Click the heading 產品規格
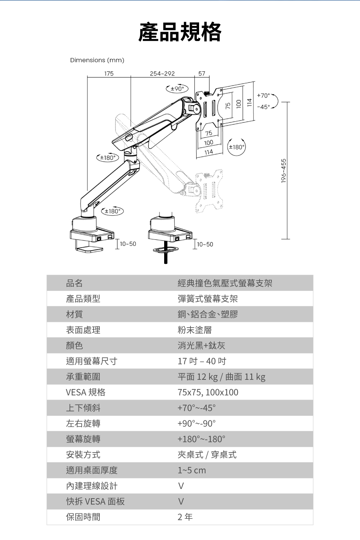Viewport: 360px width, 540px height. [180, 32]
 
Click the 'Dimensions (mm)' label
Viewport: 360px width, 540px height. [97, 60]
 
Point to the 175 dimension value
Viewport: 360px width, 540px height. [109, 73]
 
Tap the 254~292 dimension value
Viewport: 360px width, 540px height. [162, 73]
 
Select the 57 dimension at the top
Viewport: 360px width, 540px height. [202, 73]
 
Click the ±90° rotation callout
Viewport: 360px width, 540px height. [177, 88]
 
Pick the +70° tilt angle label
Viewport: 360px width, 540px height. [264, 95]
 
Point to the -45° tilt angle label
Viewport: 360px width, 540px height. [264, 107]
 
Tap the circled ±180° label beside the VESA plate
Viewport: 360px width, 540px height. [237, 147]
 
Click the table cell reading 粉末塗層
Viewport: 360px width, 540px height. [195, 330]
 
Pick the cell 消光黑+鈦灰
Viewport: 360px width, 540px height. [202, 346]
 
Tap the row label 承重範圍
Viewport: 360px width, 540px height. [83, 377]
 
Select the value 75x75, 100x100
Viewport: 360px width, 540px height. [208, 392]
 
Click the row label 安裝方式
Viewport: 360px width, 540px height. [83, 455]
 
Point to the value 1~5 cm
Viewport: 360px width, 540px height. [192, 470]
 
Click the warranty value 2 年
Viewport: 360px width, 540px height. [185, 517]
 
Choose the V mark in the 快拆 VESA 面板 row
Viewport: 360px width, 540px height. [181, 501]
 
